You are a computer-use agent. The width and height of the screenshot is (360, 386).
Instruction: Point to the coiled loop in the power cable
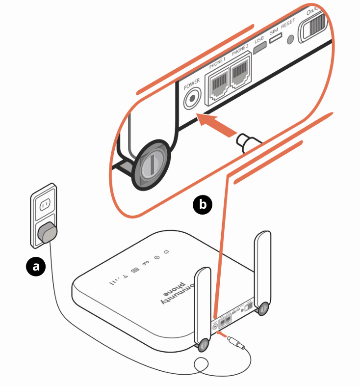202,365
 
